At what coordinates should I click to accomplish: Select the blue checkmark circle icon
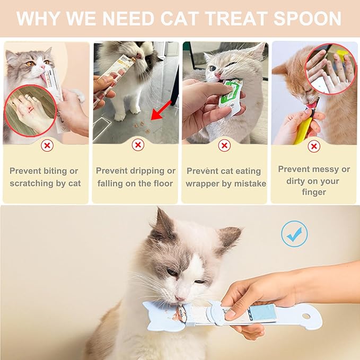point(294,234)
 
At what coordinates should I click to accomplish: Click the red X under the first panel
point(48,145)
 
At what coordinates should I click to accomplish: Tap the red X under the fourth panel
point(314,145)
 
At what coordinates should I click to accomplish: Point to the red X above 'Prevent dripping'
point(137,145)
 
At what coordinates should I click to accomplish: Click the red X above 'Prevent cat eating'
point(224,145)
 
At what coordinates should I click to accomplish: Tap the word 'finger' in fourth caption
point(314,192)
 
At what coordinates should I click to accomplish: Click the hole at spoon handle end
point(306,316)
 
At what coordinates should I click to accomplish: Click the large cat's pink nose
point(181,298)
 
